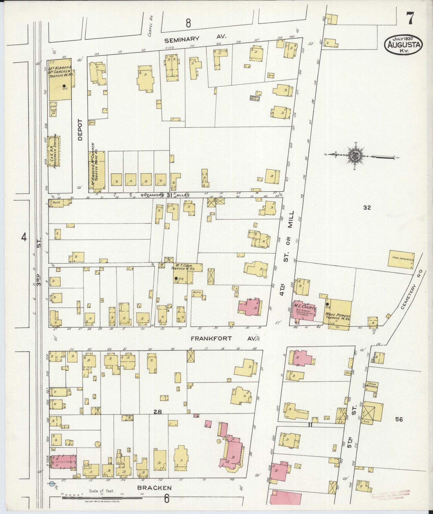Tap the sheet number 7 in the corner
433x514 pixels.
coord(410,18)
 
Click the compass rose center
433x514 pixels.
coord(356,156)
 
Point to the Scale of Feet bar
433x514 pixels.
coord(102,498)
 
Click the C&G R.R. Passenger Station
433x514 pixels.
coord(54,152)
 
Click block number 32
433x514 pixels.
coord(367,208)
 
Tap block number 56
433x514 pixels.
coord(399,420)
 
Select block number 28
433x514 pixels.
coord(158,412)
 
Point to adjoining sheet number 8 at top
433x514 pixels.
coord(188,23)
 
